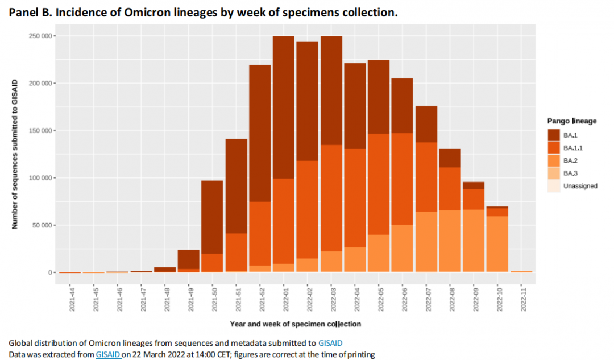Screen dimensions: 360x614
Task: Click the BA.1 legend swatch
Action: pos(554,135)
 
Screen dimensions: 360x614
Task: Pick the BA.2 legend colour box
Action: pos(554,160)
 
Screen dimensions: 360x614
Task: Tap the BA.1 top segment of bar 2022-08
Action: pos(450,158)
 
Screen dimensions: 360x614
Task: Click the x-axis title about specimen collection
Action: pos(295,324)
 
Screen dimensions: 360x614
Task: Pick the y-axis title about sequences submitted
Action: pos(15,154)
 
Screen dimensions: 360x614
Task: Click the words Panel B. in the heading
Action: pos(30,13)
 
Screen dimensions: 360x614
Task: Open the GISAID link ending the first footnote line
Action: pos(330,343)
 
